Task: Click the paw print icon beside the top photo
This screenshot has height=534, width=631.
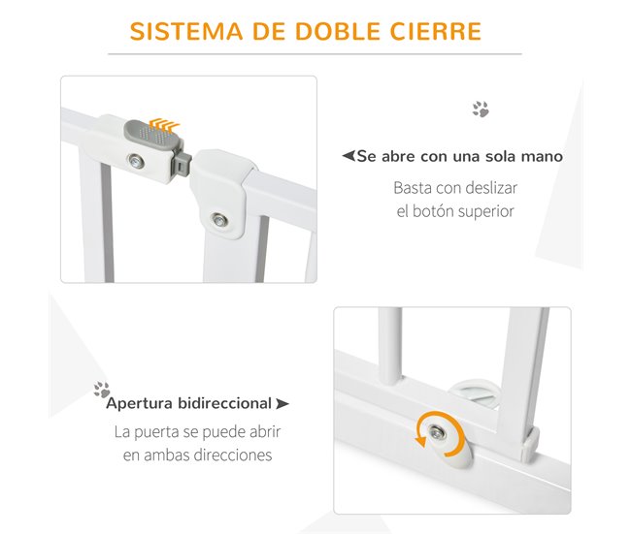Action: point(481,110)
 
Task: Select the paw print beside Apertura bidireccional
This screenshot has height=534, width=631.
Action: point(101,390)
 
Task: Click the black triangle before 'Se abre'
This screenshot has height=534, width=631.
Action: point(348,156)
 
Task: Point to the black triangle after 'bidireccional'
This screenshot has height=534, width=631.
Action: point(282,403)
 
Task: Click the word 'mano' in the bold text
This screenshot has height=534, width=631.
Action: point(543,156)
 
